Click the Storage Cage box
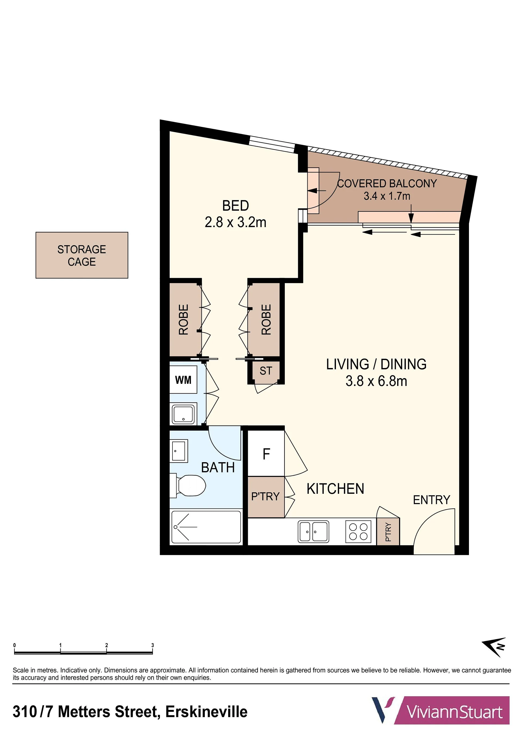coord(82,255)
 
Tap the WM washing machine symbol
coord(183,379)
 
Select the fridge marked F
coord(266,453)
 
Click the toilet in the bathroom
coord(188,485)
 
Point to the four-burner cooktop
coord(358,531)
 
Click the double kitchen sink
coord(313,531)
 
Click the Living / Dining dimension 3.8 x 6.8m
coord(376,381)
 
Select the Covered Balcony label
coord(387,183)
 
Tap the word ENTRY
coord(431,500)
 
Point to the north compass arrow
coord(494,647)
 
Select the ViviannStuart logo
coord(441,710)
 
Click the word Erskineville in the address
coord(206,712)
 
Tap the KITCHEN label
coord(335,489)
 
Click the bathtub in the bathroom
coord(206,527)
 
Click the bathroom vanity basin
coord(178,450)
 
